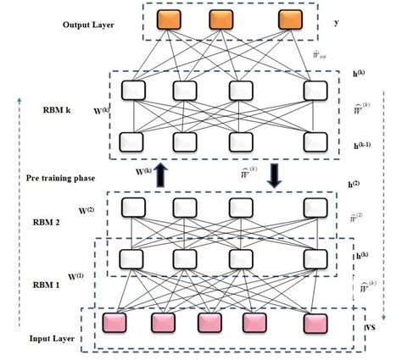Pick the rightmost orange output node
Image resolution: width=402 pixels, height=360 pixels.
click(290, 19)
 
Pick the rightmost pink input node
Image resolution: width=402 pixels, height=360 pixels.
click(317, 323)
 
